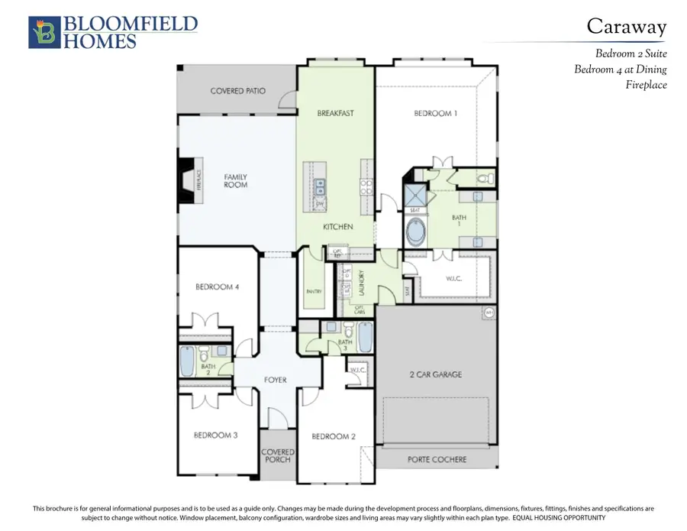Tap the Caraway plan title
tap(627, 26)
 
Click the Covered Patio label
tap(238, 91)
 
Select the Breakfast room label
tap(336, 113)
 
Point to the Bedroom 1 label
tap(436, 113)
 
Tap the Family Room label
tap(236, 181)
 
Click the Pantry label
tap(313, 291)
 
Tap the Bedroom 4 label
tap(218, 287)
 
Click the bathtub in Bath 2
tap(188, 361)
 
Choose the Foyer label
tap(275, 380)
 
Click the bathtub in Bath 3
tap(366, 336)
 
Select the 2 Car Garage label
tap(436, 374)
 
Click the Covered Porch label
tap(278, 456)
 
